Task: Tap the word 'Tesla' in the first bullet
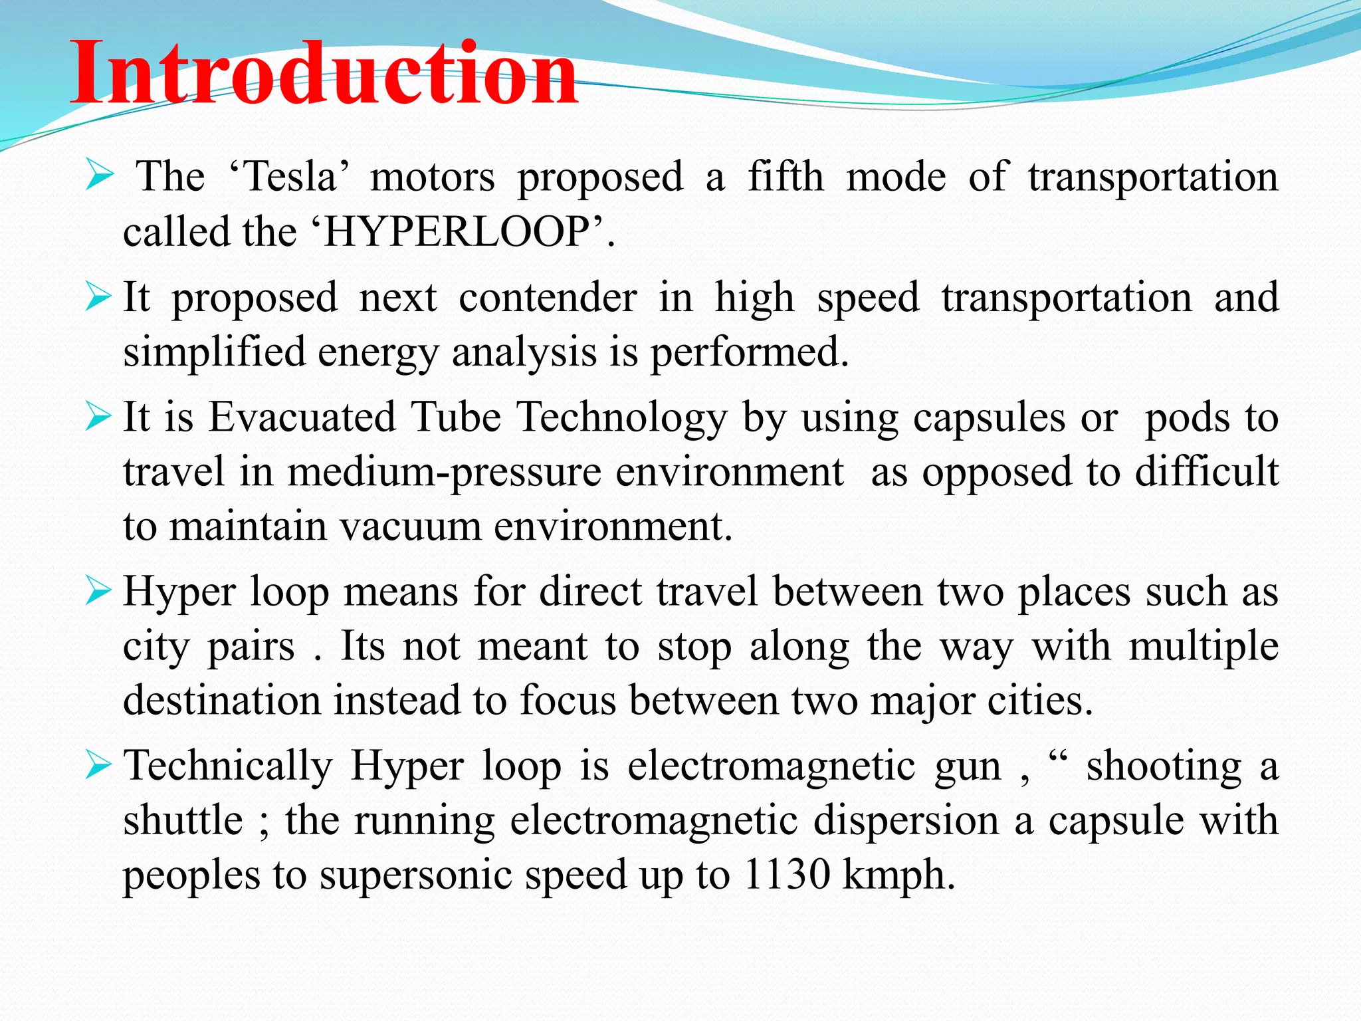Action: [x=290, y=177]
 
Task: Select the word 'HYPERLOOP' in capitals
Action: [x=457, y=232]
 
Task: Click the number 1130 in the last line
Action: [x=787, y=874]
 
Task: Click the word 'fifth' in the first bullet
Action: [x=785, y=177]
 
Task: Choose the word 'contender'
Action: [x=548, y=297]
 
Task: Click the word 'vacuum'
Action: [x=411, y=526]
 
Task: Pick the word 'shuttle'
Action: [x=183, y=820]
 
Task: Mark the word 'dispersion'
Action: [x=906, y=820]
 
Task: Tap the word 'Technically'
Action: [x=228, y=766]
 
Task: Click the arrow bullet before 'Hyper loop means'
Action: [x=98, y=591]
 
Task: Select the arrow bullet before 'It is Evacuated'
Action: [x=98, y=417]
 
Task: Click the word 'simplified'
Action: [x=214, y=352]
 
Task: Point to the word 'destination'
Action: [x=222, y=701]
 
